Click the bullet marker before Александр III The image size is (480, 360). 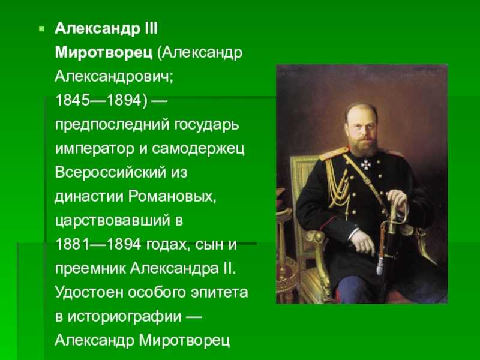point(41,29)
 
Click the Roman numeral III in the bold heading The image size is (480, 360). point(151,29)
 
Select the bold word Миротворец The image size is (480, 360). point(103,53)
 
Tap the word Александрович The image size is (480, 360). point(114,77)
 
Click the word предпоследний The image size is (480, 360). point(112,125)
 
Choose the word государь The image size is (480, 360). point(207,125)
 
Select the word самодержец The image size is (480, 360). point(198,149)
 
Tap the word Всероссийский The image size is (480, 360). point(110,173)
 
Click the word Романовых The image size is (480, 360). point(172,197)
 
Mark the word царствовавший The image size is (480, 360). point(112,221)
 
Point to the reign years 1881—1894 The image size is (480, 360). point(98,245)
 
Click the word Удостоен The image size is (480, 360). point(89,292)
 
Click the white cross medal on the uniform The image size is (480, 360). point(365,164)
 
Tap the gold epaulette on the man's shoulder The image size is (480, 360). point(333,154)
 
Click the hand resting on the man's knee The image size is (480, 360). point(363,242)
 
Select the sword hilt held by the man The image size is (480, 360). point(395,211)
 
